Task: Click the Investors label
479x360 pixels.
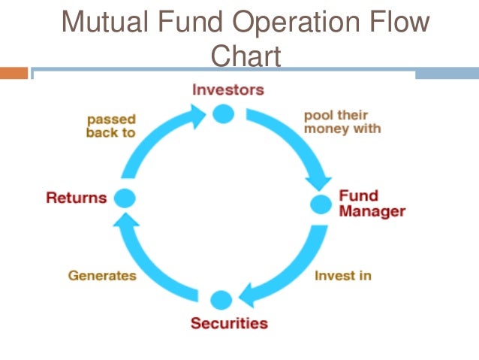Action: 228,89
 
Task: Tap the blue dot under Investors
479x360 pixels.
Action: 223,113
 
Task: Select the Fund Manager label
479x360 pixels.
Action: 372,204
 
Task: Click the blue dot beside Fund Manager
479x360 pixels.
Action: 321,203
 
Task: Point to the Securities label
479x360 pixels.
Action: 228,324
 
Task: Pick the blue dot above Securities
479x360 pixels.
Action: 221,300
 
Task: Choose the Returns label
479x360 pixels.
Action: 76,198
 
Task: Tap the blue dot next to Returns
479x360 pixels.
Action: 124,198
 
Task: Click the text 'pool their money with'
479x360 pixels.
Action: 342,122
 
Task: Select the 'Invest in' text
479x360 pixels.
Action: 342,275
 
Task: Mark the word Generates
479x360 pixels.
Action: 102,275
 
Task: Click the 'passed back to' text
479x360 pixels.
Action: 112,126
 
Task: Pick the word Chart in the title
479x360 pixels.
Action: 246,56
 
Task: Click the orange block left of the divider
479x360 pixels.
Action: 14,74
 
